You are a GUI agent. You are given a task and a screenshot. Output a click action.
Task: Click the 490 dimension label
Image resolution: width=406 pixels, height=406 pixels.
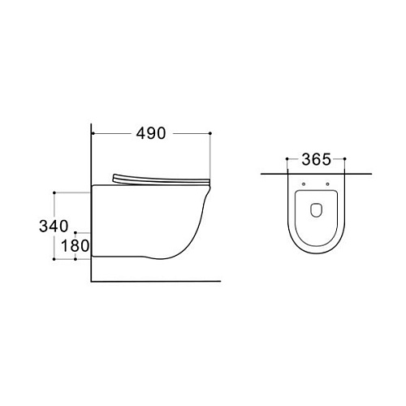151,133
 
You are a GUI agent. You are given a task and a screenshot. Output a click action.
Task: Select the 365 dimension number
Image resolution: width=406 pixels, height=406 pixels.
316,159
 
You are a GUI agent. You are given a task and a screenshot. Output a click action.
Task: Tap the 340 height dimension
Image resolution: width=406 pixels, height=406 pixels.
54,226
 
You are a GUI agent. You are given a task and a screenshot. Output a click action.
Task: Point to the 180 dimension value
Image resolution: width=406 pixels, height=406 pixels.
75,246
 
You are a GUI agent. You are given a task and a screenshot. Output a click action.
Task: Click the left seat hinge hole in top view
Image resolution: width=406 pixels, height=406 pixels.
304,184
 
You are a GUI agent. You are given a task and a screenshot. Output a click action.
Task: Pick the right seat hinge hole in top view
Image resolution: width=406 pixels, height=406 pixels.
327,184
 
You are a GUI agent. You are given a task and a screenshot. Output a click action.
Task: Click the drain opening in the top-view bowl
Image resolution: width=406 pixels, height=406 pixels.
316,209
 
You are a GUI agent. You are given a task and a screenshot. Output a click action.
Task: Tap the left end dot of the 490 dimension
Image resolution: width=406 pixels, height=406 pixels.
93,133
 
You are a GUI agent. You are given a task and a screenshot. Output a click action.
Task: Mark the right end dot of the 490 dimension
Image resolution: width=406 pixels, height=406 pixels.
210,133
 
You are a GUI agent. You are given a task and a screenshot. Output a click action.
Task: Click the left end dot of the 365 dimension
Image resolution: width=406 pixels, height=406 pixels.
287,159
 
